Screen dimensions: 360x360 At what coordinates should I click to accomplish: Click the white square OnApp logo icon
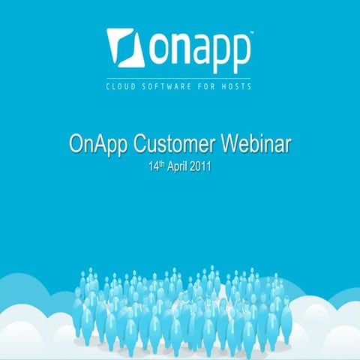126,47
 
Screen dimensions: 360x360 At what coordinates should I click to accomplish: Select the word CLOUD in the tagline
123,86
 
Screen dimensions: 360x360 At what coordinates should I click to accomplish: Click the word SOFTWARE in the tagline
166,86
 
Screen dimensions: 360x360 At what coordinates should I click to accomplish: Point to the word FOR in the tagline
203,86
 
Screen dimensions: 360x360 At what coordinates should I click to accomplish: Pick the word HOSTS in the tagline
235,86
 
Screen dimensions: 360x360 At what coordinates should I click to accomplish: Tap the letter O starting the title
76,144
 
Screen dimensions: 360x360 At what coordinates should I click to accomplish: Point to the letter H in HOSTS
221,86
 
